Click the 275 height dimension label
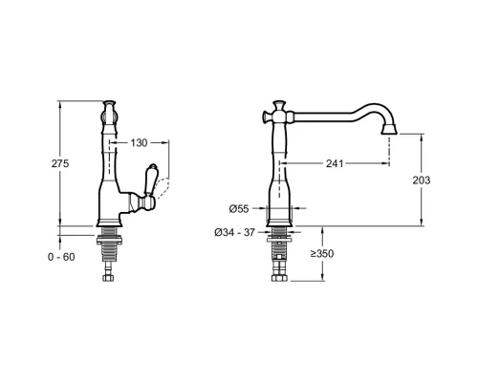pyautogui.click(x=60, y=163)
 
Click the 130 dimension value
pyautogui.click(x=139, y=143)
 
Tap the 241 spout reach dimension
pyautogui.click(x=335, y=163)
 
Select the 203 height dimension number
pyautogui.click(x=422, y=180)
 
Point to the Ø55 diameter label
pyautogui.click(x=239, y=209)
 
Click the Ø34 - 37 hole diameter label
pyautogui.click(x=234, y=233)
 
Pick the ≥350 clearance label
pyautogui.click(x=322, y=253)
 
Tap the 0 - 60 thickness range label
pyautogui.click(x=61, y=257)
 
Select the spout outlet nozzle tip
pyautogui.click(x=389, y=129)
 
